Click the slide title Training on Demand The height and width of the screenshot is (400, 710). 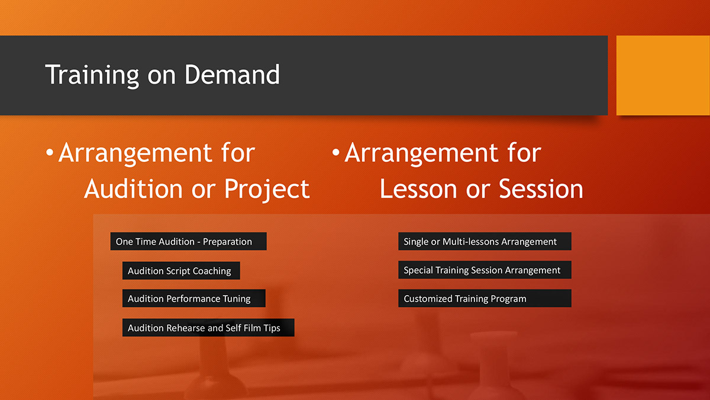pyautogui.click(x=163, y=75)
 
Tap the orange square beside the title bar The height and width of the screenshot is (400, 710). pyautogui.click(x=663, y=75)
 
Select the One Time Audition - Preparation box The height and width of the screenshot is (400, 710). pyautogui.click(x=188, y=241)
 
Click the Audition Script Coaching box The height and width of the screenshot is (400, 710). pyautogui.click(x=180, y=271)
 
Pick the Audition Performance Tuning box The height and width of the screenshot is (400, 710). pyautogui.click(x=193, y=299)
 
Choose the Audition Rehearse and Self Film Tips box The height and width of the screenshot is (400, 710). pyautogui.click(x=208, y=328)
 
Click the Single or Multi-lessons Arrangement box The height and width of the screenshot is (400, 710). pyautogui.click(x=485, y=241)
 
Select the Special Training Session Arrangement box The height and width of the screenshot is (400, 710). pyautogui.click(x=485, y=270)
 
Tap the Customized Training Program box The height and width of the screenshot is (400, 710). pyautogui.click(x=485, y=299)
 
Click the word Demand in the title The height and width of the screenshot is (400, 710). pyautogui.click(x=232, y=75)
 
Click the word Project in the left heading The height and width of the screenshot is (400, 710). pyautogui.click(x=267, y=189)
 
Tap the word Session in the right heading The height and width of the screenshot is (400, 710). pyautogui.click(x=541, y=189)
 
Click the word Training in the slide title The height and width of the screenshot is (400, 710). pyautogui.click(x=92, y=75)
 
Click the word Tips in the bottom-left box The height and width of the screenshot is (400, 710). pyautogui.click(x=272, y=328)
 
